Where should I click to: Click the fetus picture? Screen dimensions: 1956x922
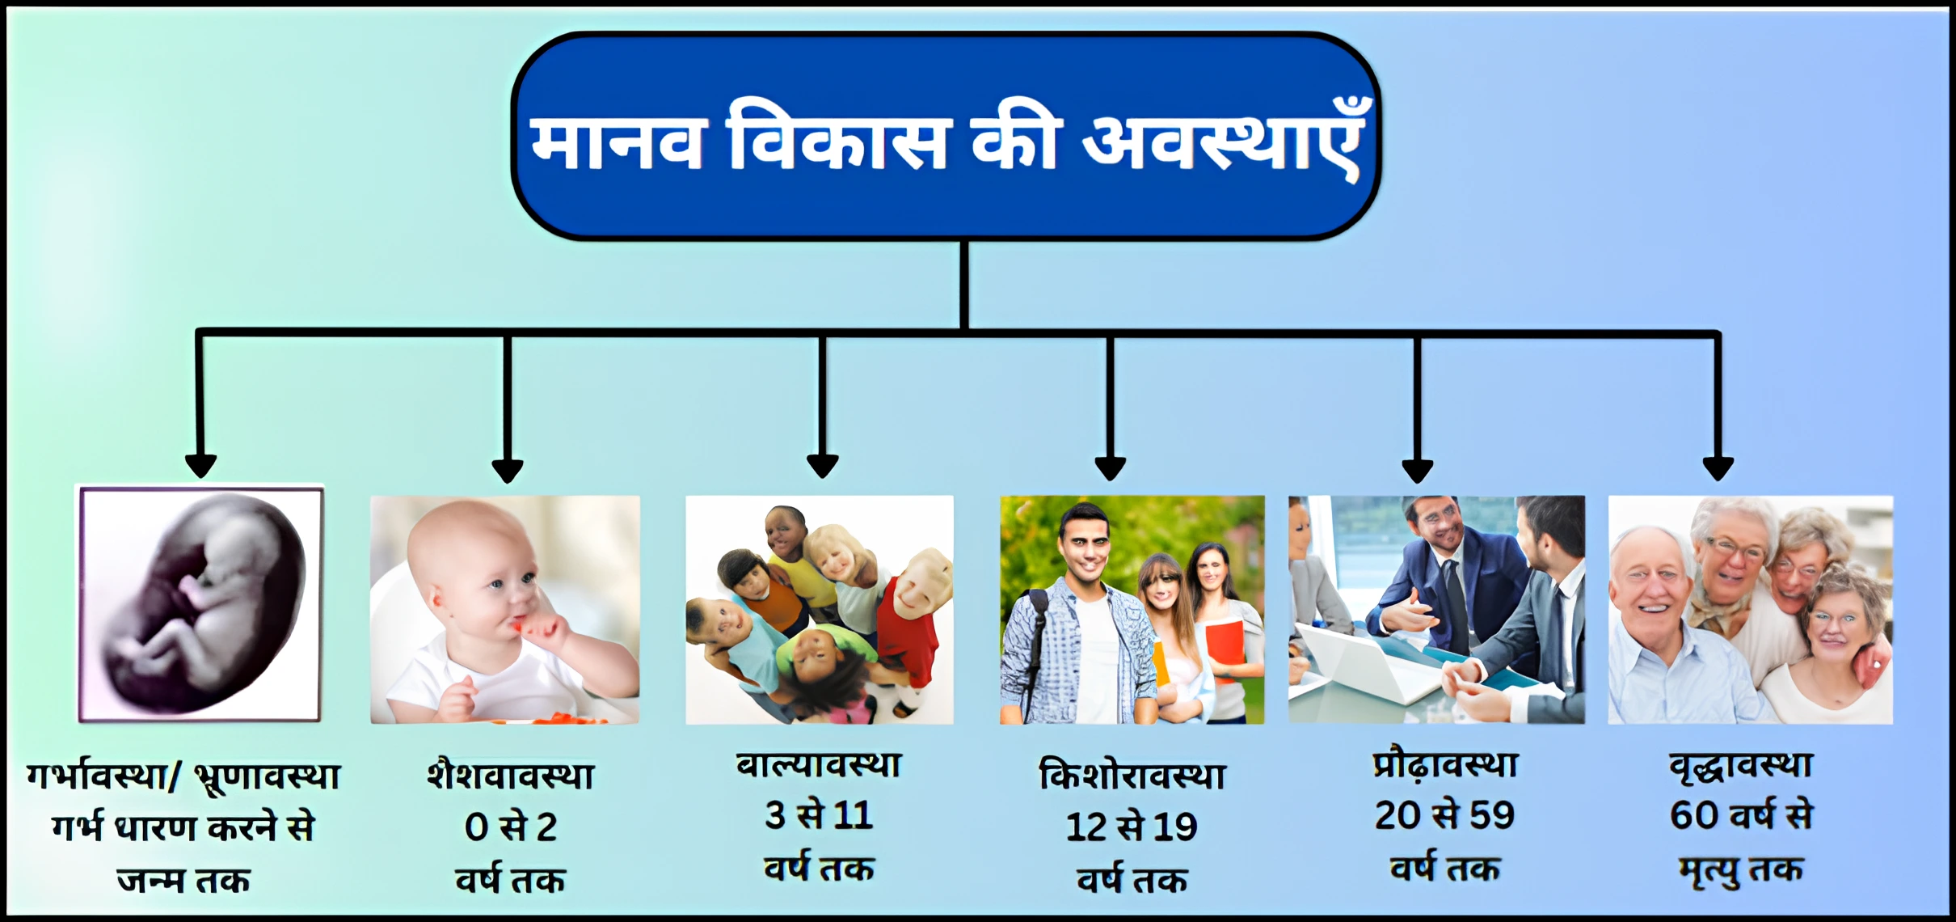click(x=200, y=603)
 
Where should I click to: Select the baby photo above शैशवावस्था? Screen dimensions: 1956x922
click(x=505, y=610)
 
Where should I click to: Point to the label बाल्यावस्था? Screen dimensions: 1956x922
click(x=819, y=765)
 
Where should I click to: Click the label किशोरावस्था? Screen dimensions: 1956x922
click(x=1132, y=776)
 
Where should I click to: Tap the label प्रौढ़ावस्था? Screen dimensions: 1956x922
click(x=1445, y=765)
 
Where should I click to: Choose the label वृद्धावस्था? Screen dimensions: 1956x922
click(x=1741, y=765)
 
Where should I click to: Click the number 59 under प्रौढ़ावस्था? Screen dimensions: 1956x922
click(x=1492, y=815)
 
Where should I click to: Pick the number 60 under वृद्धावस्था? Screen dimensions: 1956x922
click(x=1694, y=815)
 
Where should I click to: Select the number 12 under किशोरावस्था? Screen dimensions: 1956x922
click(x=1086, y=827)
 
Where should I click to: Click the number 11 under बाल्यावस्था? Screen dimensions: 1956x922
click(x=854, y=815)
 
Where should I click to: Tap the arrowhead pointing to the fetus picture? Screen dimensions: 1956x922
click(x=200, y=466)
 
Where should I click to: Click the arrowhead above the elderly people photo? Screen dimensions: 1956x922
click(x=1718, y=468)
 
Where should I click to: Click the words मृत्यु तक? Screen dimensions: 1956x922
click(x=1741, y=870)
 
